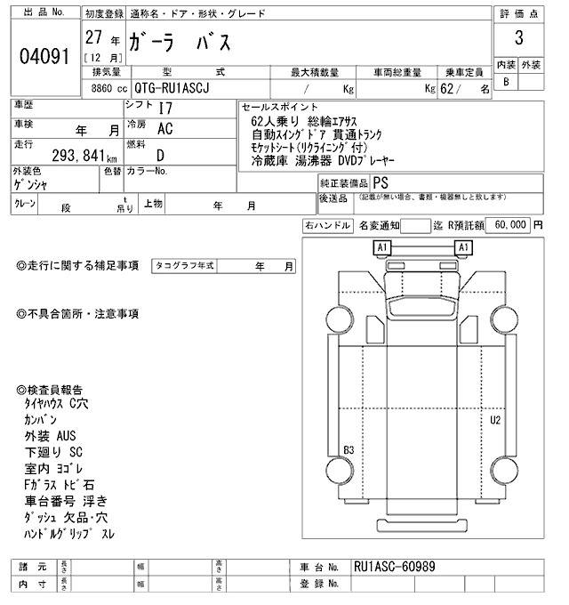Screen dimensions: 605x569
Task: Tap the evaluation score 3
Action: click(517, 39)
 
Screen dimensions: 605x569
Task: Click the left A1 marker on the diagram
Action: click(382, 246)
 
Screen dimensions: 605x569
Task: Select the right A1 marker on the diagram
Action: click(463, 246)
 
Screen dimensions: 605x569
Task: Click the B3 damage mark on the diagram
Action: click(349, 449)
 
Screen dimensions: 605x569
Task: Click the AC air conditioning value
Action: click(164, 128)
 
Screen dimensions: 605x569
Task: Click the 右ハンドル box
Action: click(326, 225)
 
